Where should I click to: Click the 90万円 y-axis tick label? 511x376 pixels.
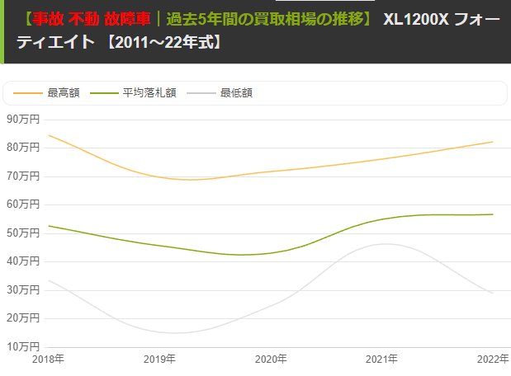pyautogui.click(x=22, y=119)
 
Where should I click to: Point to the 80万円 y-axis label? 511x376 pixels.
pyautogui.click(x=22, y=148)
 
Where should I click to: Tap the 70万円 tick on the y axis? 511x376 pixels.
pyautogui.click(x=22, y=176)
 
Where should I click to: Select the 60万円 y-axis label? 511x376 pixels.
pyautogui.click(x=22, y=204)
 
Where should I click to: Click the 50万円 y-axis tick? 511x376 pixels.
pyautogui.click(x=22, y=233)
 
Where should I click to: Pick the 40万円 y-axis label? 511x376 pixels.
pyautogui.click(x=22, y=261)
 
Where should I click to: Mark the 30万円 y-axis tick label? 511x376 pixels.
pyautogui.click(x=22, y=289)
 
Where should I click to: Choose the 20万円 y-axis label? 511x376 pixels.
pyautogui.click(x=22, y=317)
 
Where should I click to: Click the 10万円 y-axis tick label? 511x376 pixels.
pyautogui.click(x=22, y=345)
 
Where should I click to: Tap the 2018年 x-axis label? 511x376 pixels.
pyautogui.click(x=48, y=360)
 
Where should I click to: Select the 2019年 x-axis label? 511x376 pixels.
pyautogui.click(x=159, y=360)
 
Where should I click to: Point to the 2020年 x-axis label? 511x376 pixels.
pyautogui.click(x=271, y=360)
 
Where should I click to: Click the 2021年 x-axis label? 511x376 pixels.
pyautogui.click(x=381, y=360)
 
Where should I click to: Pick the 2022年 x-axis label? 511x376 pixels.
pyautogui.click(x=492, y=360)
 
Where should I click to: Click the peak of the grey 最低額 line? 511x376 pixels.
pyautogui.click(x=385, y=243)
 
